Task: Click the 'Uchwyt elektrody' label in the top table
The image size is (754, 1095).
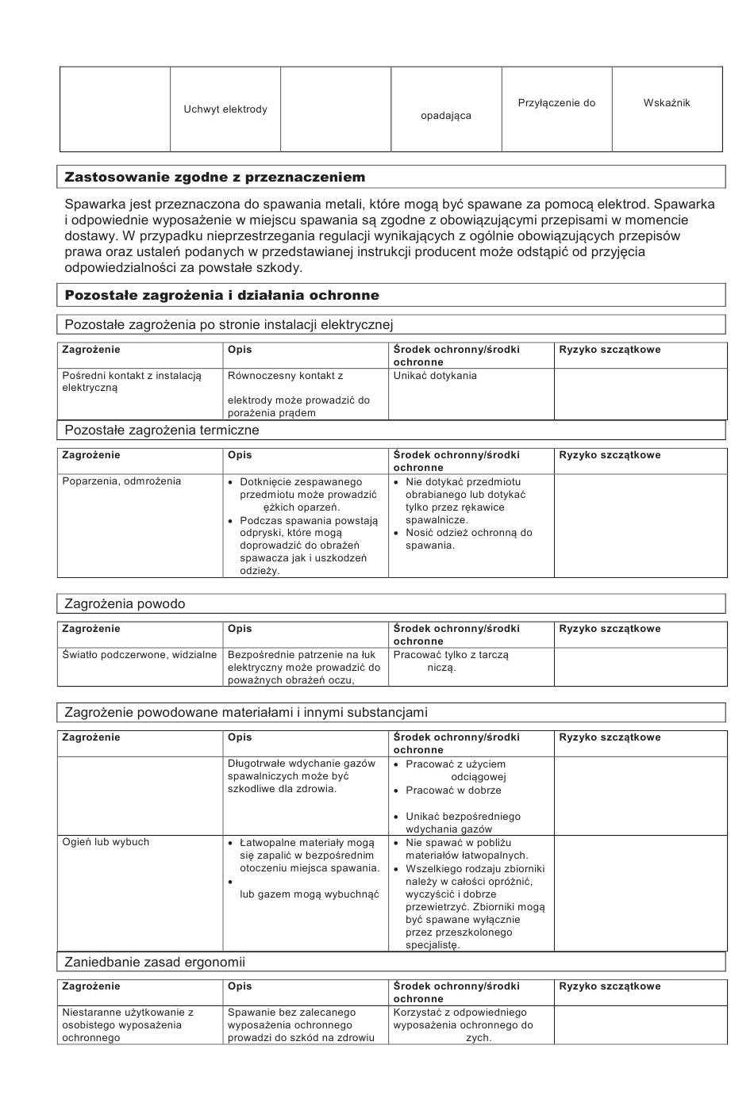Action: [225, 109]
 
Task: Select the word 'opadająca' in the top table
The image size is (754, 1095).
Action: [446, 116]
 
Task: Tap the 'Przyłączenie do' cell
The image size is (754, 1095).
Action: [556, 103]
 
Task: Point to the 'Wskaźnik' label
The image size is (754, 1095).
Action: [667, 103]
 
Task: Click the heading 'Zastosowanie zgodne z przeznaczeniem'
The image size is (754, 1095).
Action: [215, 177]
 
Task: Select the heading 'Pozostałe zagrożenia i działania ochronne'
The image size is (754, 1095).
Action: [222, 295]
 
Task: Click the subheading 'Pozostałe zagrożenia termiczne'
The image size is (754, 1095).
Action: [162, 431]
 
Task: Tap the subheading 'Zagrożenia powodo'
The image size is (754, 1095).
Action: [125, 604]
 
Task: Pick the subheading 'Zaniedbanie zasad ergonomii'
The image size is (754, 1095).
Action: [155, 963]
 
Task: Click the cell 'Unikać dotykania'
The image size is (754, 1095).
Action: [435, 376]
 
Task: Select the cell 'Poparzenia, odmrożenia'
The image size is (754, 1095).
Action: [121, 481]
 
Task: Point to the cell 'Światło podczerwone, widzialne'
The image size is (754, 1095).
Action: [140, 655]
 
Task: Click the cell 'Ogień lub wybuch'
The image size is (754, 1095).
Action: [106, 842]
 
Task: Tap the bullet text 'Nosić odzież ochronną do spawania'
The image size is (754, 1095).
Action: [468, 539]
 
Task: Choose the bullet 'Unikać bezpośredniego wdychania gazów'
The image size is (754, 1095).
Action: [463, 823]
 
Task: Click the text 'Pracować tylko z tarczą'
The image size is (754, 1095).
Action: [451, 655]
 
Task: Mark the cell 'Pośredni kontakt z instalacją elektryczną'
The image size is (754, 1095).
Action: [132, 381]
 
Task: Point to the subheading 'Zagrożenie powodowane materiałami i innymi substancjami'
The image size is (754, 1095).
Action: [246, 713]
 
